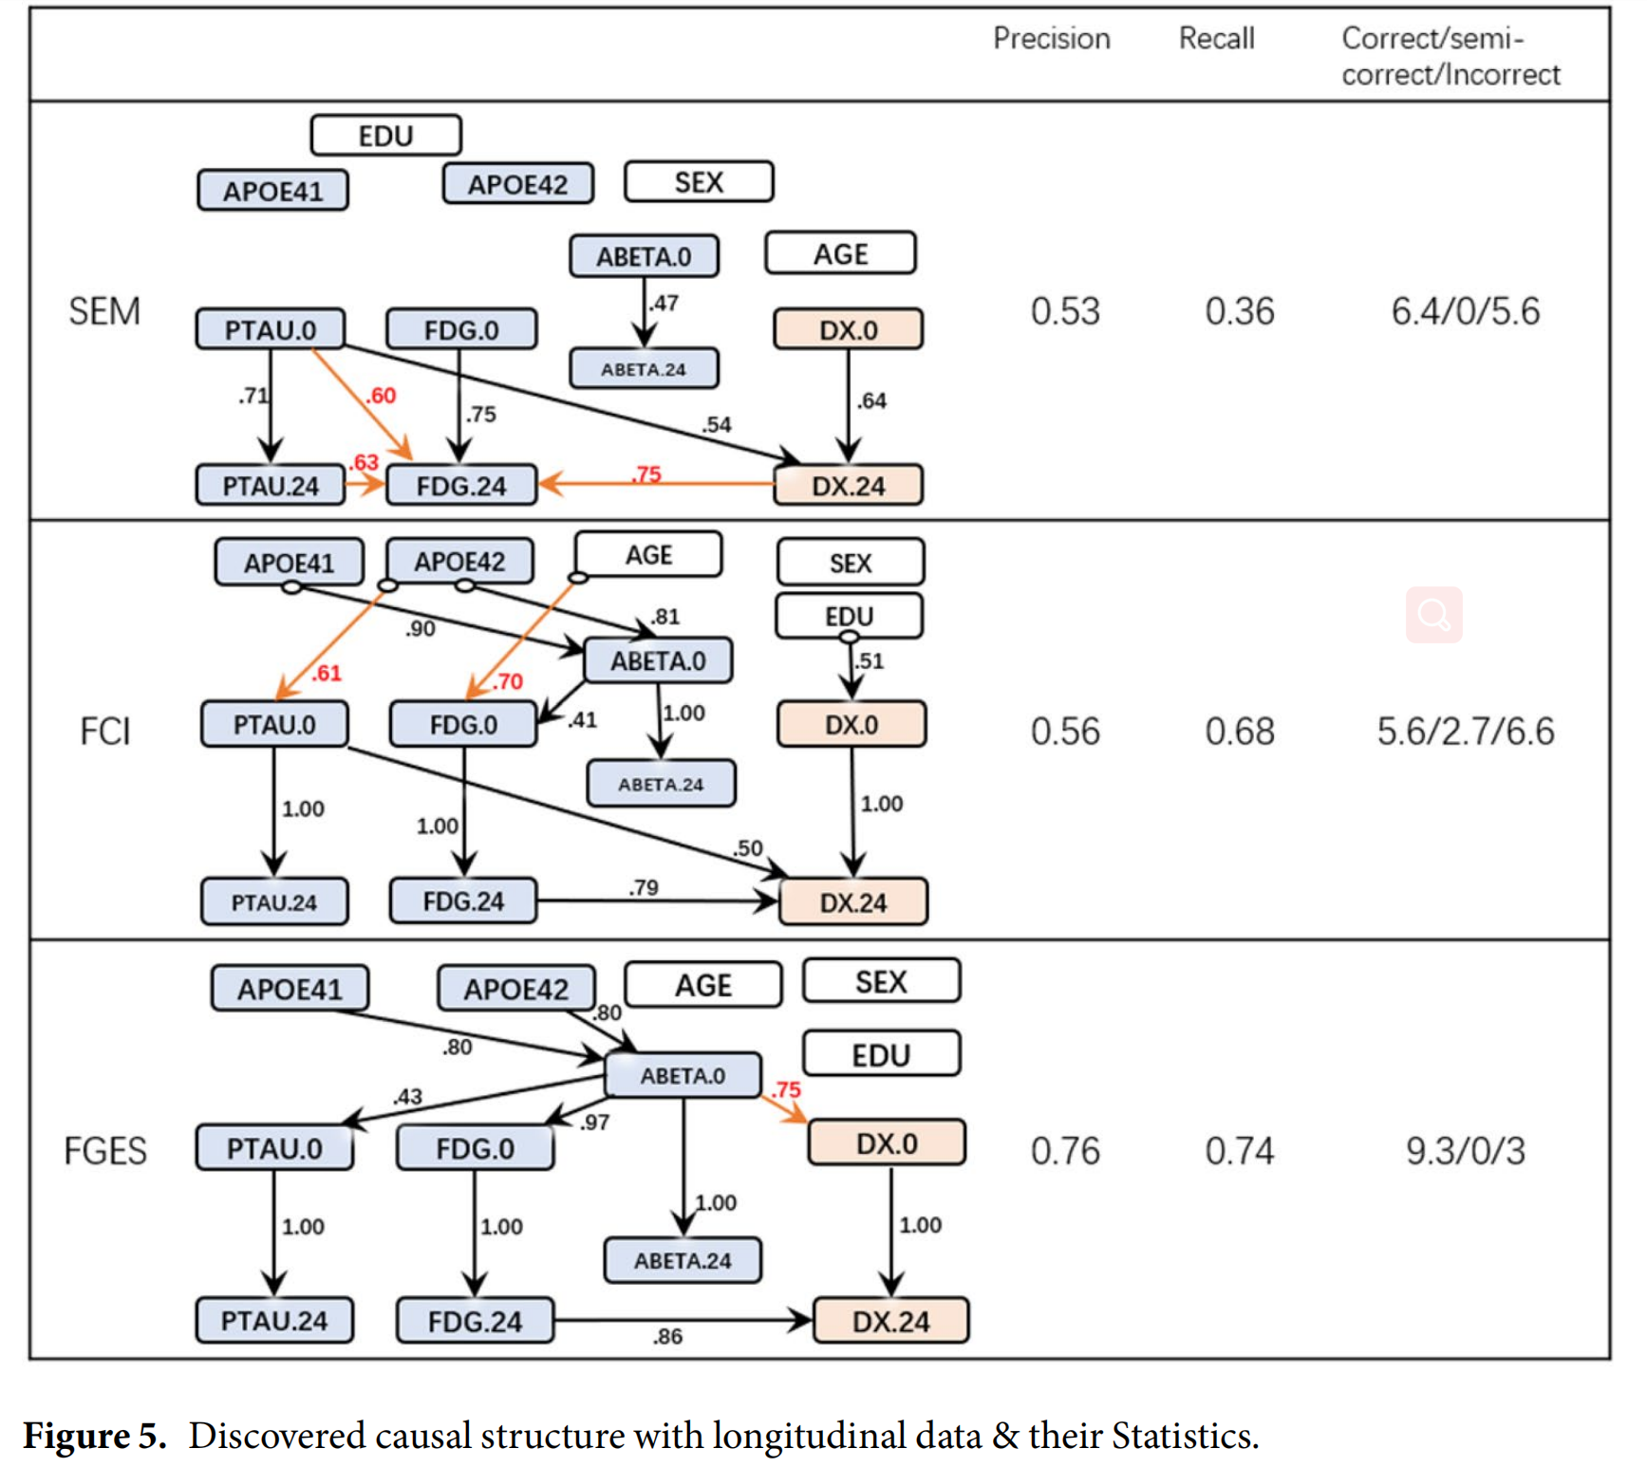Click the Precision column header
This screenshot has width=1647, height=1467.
pyautogui.click(x=1051, y=38)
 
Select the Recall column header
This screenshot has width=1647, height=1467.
pyautogui.click(x=1216, y=38)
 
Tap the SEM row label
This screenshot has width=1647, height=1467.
pyautogui.click(x=104, y=311)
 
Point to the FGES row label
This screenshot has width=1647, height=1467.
pyautogui.click(x=104, y=1151)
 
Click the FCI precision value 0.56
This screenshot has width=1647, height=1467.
pyautogui.click(x=1065, y=732)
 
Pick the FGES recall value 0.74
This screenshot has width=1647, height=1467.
pyautogui.click(x=1239, y=1151)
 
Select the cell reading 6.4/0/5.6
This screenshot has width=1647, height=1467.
pyautogui.click(x=1465, y=311)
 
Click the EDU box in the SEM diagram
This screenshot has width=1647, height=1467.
pyautogui.click(x=385, y=136)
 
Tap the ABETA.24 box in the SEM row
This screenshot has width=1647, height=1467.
pyautogui.click(x=644, y=369)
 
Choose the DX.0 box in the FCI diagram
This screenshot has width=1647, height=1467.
pyautogui.click(x=851, y=725)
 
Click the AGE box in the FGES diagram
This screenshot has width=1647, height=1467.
pyautogui.click(x=703, y=985)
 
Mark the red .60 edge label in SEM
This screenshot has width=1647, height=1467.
pyautogui.click(x=381, y=396)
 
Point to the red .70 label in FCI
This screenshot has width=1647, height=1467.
pyautogui.click(x=508, y=681)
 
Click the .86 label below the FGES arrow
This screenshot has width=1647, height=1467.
pyautogui.click(x=667, y=1336)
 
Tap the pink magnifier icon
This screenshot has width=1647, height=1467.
pyautogui.click(x=1433, y=615)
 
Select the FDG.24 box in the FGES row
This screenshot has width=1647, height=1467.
pyautogui.click(x=475, y=1321)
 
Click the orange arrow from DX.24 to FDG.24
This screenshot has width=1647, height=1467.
pyautogui.click(x=664, y=485)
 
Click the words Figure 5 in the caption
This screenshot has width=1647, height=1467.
pyautogui.click(x=95, y=1435)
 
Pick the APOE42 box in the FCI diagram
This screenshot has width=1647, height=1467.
pyautogui.click(x=459, y=562)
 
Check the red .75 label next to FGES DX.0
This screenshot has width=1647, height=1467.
pyautogui.click(x=787, y=1089)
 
